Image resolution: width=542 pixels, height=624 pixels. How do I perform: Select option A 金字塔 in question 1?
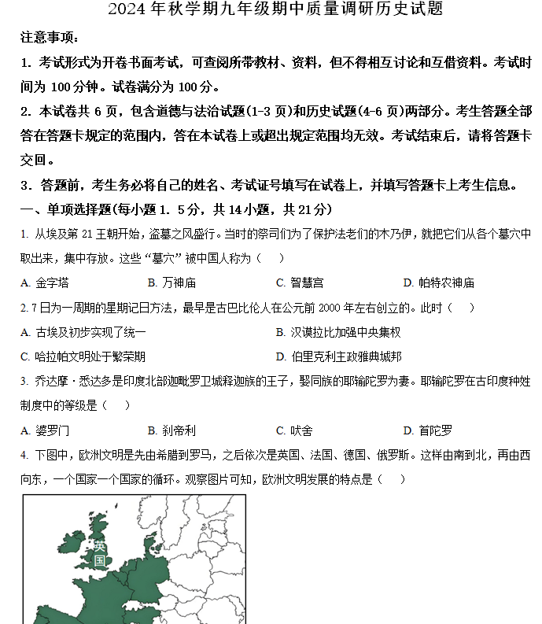(x=46, y=282)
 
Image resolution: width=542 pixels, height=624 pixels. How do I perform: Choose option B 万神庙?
(x=172, y=282)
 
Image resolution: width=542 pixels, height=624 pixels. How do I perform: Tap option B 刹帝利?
(x=172, y=430)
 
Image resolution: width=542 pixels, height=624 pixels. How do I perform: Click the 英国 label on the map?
(x=100, y=552)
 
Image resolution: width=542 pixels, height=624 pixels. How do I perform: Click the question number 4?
(x=24, y=456)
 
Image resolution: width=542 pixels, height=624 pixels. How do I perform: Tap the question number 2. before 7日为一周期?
(x=24, y=308)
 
